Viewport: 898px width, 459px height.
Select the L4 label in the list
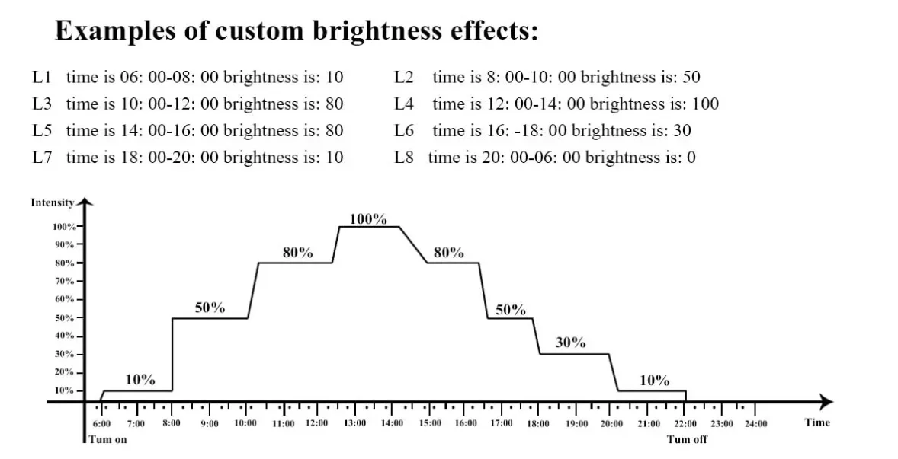404,104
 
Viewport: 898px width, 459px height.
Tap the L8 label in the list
404,158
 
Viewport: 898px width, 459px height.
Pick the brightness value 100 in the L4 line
705,104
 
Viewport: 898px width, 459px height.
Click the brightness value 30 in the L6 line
682,130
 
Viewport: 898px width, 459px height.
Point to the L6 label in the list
404,130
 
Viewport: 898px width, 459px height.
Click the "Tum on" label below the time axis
107,439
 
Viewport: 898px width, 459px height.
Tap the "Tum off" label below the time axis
687,439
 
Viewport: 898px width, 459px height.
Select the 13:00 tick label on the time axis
354,423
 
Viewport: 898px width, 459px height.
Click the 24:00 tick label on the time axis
755,423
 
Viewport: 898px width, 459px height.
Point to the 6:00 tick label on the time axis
101,423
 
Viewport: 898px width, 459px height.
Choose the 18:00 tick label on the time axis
538,423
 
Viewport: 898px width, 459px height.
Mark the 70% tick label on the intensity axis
63,281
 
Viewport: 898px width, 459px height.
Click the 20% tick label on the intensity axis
63,372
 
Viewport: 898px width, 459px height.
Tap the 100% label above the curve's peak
368,219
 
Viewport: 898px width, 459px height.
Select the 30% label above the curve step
570,343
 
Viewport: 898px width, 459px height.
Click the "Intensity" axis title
52,202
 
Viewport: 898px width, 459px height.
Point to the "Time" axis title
817,422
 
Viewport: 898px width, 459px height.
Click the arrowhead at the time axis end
827,401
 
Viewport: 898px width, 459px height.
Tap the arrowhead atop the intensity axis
85,202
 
